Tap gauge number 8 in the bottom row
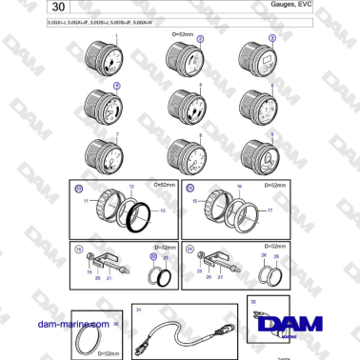click(x=184, y=153)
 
